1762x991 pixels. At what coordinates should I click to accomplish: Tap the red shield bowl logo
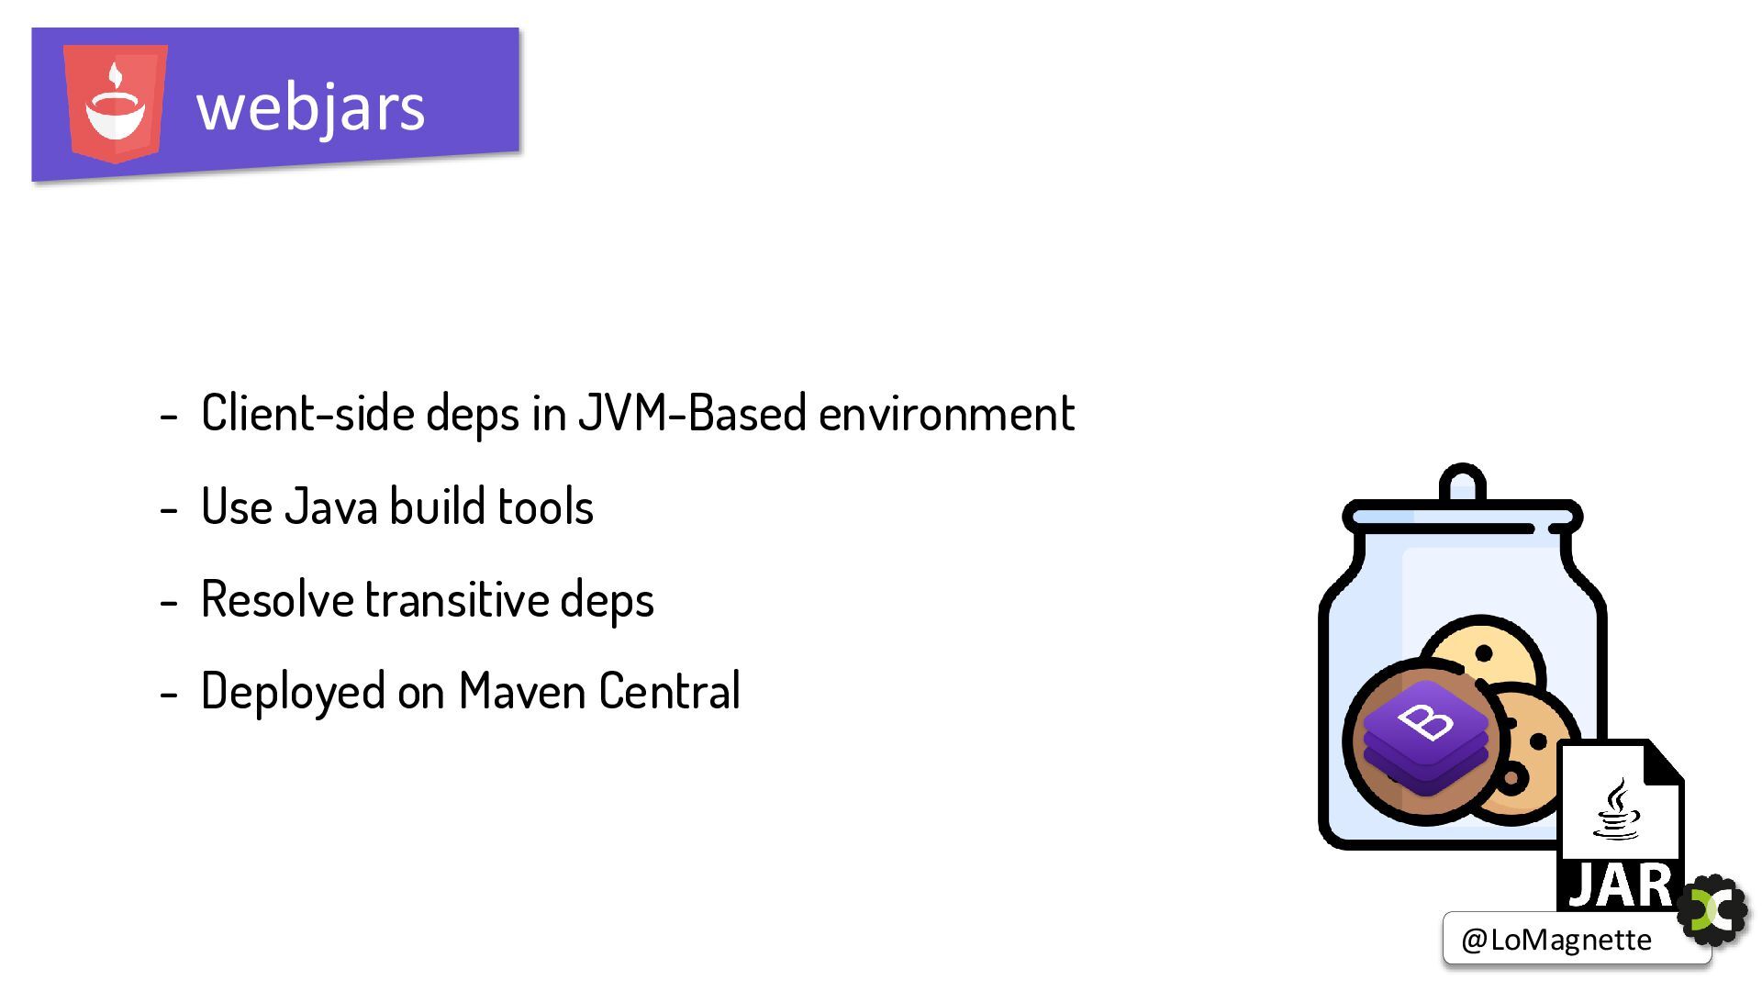tap(116, 103)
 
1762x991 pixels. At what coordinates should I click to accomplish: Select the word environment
tap(946, 413)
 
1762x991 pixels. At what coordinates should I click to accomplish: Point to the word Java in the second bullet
tap(330, 507)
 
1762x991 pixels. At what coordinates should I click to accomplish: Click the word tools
tap(545, 507)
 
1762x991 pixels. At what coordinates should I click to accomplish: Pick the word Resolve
tap(277, 599)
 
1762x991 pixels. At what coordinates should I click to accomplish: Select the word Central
tap(669, 691)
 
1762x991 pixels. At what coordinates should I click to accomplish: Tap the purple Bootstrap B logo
tap(1424, 739)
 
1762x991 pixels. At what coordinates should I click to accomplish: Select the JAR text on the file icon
tap(1621, 885)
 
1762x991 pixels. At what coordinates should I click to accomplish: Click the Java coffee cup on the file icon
tap(1616, 809)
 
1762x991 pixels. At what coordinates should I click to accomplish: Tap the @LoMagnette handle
tap(1556, 940)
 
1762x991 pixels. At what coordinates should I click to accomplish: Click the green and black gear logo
tap(1712, 909)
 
